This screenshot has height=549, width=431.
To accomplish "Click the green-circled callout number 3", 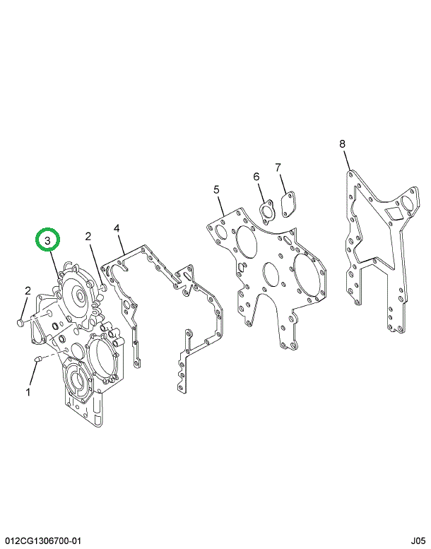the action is (47, 240).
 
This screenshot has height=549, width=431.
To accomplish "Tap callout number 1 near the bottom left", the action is (29, 392).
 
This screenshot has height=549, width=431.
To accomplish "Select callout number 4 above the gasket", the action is (117, 229).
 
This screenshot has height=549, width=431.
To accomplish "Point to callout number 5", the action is (216, 190).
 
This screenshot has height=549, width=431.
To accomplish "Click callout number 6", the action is (256, 177).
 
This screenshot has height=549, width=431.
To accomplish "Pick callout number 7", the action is (278, 167).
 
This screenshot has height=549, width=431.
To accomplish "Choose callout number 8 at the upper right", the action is (342, 143).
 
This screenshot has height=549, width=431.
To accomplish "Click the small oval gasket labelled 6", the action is (267, 211).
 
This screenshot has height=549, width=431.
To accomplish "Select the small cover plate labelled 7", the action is (288, 204).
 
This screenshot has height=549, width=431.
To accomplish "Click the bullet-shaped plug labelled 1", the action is (39, 358).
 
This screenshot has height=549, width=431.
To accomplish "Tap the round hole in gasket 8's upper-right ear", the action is (408, 203).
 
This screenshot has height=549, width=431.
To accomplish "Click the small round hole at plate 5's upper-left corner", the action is (222, 231).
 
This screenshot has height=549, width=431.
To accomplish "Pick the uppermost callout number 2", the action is (88, 237).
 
